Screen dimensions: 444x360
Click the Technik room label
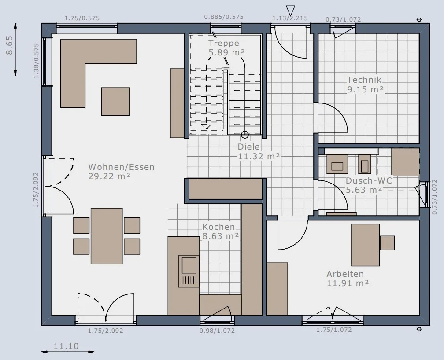click(364, 80)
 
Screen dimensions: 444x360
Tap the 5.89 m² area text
click(226, 52)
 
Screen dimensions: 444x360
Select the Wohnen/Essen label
click(122, 167)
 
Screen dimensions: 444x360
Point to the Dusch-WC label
click(369, 180)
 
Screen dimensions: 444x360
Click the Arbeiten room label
click(345, 274)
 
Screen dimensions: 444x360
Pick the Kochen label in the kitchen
click(218, 227)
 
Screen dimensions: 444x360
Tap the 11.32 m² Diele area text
click(259, 156)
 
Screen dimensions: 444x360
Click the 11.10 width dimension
click(66, 346)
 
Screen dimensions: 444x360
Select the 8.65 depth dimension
click(9, 45)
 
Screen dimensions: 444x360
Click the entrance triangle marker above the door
click(291, 11)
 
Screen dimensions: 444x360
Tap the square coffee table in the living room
click(115, 102)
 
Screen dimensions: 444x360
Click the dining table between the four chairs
click(107, 236)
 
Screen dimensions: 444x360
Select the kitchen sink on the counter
click(189, 271)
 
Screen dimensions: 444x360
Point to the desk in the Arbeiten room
click(365, 245)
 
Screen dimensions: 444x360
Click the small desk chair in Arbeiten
click(387, 243)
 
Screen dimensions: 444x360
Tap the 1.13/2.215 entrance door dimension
click(290, 18)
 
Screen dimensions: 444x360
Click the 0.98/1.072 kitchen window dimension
click(217, 330)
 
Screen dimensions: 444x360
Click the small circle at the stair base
click(245, 135)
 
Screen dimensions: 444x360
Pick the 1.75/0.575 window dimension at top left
click(82, 18)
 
